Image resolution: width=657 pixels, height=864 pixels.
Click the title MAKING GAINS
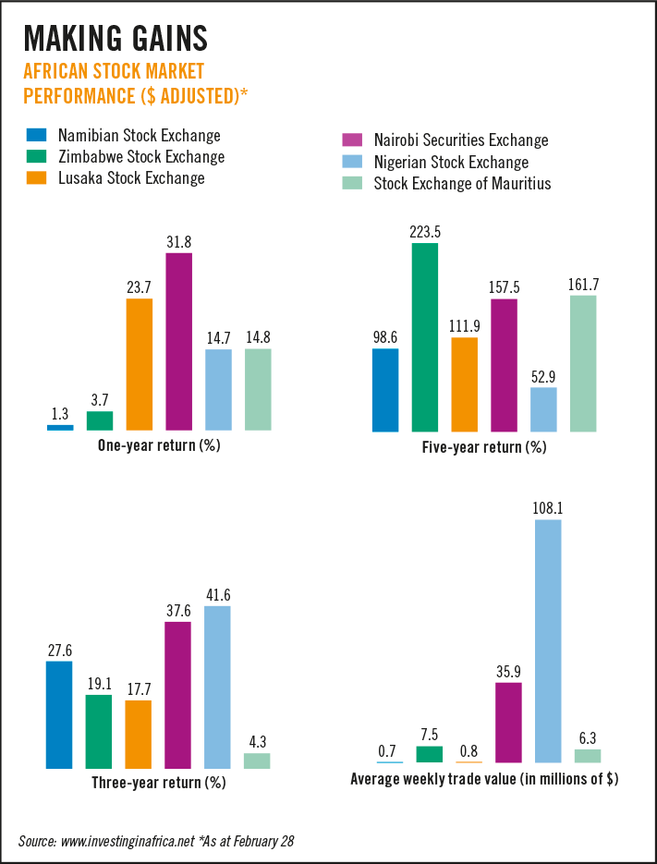pyautogui.click(x=115, y=38)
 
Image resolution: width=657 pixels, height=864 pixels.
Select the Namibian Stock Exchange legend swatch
pyautogui.click(x=37, y=135)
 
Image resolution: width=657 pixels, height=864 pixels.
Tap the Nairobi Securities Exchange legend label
pyautogui.click(x=461, y=140)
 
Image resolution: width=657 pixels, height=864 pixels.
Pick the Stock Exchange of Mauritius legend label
pyautogui.click(x=462, y=183)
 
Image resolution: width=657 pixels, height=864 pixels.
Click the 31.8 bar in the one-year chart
pyautogui.click(x=178, y=341)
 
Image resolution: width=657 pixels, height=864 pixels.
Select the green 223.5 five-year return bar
pyautogui.click(x=425, y=337)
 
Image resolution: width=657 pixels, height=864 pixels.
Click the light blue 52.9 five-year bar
pyautogui.click(x=544, y=409)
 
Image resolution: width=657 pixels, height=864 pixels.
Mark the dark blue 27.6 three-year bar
pyautogui.click(x=59, y=714)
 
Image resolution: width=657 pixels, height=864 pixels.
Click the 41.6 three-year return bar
pyautogui.click(x=218, y=687)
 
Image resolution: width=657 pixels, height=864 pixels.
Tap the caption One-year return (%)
pyautogui.click(x=159, y=445)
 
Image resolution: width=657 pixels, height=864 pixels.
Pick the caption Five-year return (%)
pyautogui.click(x=484, y=447)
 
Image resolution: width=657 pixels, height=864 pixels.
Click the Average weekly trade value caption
pyautogui.click(x=484, y=779)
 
